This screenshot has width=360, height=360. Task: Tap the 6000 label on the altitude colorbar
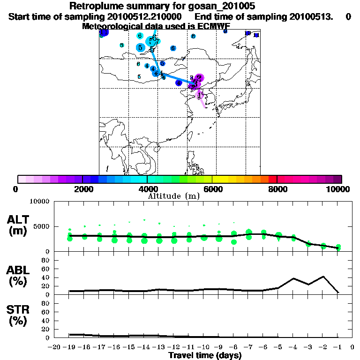coord(212,189)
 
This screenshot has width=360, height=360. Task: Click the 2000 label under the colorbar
coord(82,189)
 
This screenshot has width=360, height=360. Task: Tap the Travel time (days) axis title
coord(205,356)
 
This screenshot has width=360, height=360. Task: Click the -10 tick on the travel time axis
coord(204,347)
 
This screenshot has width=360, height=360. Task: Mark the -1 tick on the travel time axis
coord(338,347)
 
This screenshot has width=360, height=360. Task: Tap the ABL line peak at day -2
coord(323,277)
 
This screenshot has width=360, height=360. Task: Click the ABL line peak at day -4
coord(293,278)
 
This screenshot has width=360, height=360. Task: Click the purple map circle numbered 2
coord(199,78)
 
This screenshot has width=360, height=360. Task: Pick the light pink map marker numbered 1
coord(200,95)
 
